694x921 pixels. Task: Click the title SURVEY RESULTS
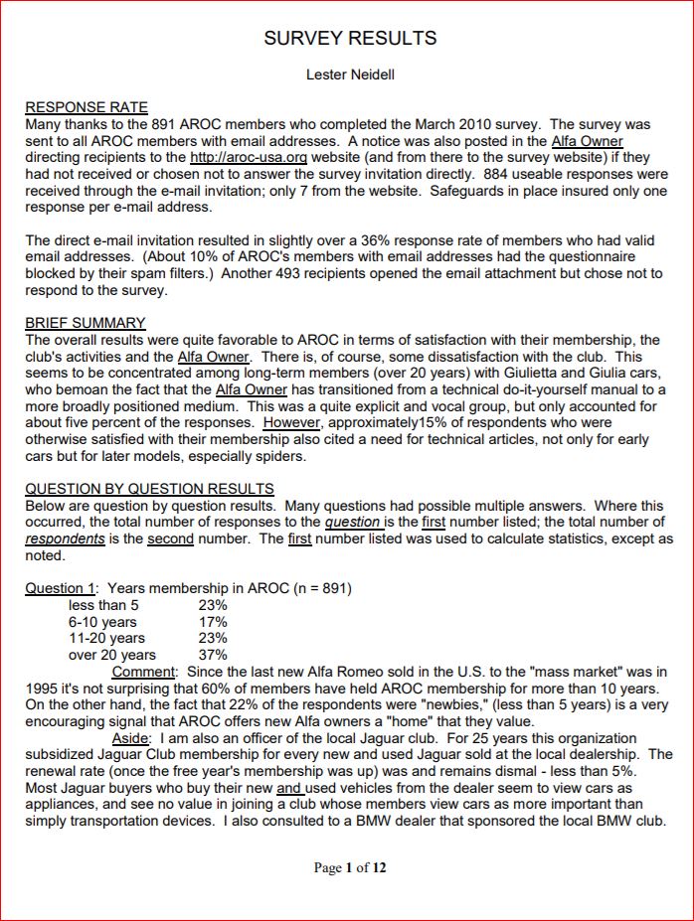click(x=350, y=39)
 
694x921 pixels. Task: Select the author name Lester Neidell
click(x=350, y=75)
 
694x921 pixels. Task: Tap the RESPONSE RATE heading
click(x=87, y=107)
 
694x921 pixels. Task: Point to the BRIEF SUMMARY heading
click(x=86, y=323)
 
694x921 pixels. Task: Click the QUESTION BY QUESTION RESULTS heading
click(x=149, y=489)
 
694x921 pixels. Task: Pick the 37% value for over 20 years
click(x=213, y=655)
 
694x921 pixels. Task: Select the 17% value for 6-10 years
click(x=213, y=622)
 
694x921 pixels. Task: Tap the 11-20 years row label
click(x=106, y=638)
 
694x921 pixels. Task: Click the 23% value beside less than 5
click(x=213, y=605)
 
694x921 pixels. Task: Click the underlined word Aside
click(x=131, y=738)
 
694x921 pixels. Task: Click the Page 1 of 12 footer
click(x=350, y=867)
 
